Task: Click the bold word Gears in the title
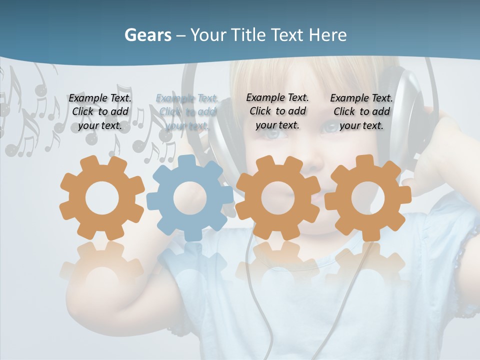click(147, 35)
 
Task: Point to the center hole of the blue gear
click(190, 198)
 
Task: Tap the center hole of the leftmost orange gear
click(102, 198)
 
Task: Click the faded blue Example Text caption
click(187, 111)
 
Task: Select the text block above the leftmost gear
click(100, 111)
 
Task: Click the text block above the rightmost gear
click(361, 111)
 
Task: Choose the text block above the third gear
click(277, 111)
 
